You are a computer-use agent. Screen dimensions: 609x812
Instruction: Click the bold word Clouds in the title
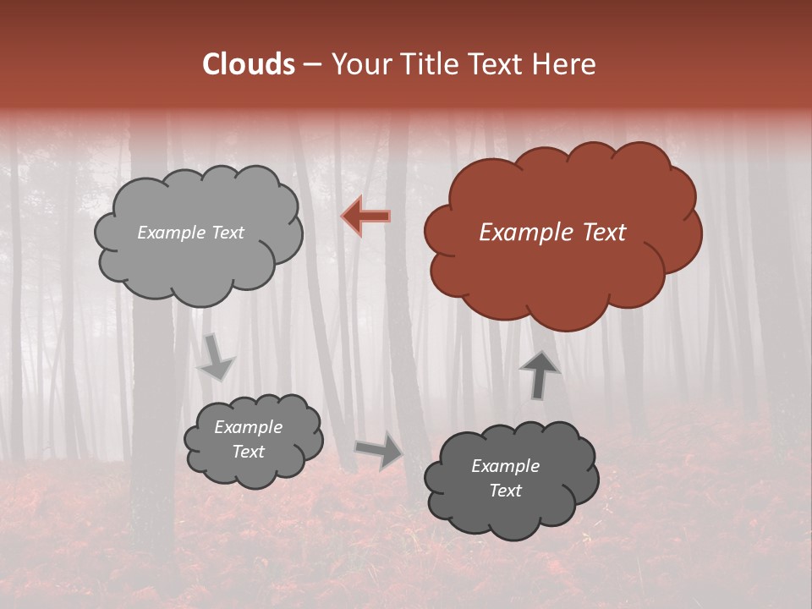[x=249, y=64]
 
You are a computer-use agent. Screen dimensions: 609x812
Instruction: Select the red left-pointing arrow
[x=365, y=217]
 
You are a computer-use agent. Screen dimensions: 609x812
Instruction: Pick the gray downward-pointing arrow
[x=216, y=358]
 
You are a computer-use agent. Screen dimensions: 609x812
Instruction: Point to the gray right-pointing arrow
[x=379, y=451]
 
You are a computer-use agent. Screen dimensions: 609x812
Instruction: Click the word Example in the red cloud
[x=519, y=233]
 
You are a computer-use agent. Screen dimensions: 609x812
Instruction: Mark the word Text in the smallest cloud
[x=249, y=452]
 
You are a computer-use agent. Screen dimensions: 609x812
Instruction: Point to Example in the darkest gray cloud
[x=505, y=466]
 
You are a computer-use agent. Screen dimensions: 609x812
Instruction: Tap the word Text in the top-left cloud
[x=226, y=233]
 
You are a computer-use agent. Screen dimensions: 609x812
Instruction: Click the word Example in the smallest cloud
[x=248, y=427]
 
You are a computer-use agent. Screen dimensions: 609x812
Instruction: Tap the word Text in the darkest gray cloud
[x=505, y=491]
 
